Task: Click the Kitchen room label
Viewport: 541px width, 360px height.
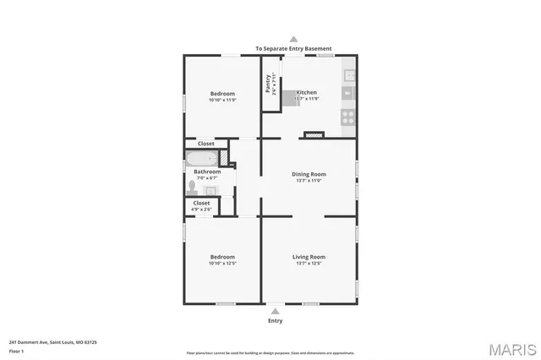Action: pyautogui.click(x=306, y=91)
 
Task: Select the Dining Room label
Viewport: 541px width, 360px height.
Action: pyautogui.click(x=309, y=174)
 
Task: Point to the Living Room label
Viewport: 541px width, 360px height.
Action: pyautogui.click(x=309, y=257)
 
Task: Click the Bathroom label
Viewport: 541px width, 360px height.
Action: pyautogui.click(x=207, y=172)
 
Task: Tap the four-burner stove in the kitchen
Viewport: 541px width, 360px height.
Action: pyautogui.click(x=347, y=117)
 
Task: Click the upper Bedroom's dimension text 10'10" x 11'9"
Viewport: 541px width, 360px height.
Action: pyautogui.click(x=222, y=101)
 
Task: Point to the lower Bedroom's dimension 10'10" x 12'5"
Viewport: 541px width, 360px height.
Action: pyautogui.click(x=222, y=264)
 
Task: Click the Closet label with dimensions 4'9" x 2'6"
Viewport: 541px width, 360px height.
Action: pyautogui.click(x=201, y=206)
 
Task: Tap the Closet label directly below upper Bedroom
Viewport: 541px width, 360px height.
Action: pyautogui.click(x=206, y=144)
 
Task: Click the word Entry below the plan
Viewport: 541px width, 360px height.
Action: pyautogui.click(x=276, y=321)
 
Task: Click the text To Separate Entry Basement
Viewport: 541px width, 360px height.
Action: pyautogui.click(x=293, y=48)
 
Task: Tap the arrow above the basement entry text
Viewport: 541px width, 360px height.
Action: pyautogui.click(x=293, y=38)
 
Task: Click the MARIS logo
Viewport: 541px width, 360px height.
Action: pyautogui.click(x=511, y=348)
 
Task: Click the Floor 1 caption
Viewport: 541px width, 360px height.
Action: pyautogui.click(x=16, y=351)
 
